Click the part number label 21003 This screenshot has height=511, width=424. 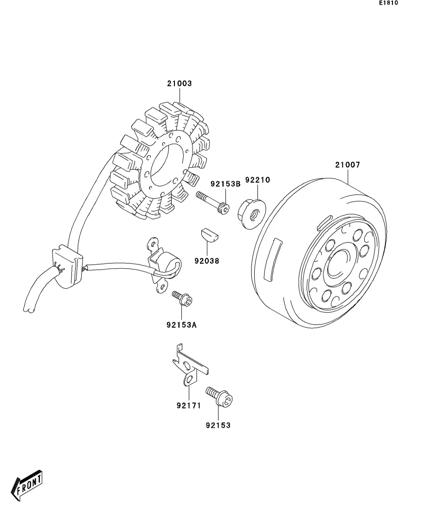(179, 83)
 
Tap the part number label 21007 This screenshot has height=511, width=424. (347, 165)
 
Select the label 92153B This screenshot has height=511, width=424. (225, 184)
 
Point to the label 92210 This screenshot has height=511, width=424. (257, 180)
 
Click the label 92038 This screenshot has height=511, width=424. (207, 261)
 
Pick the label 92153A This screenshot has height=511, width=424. (181, 325)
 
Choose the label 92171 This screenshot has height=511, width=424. (189, 405)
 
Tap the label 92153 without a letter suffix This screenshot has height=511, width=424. (218, 425)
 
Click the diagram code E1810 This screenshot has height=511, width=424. (388, 3)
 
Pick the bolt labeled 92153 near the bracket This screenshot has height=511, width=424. (219, 396)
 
